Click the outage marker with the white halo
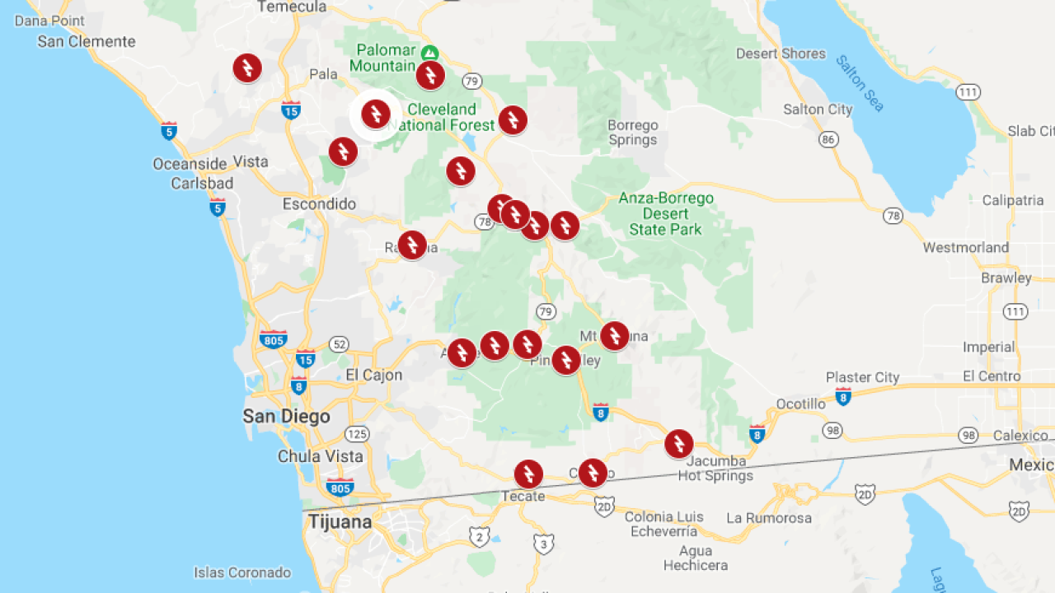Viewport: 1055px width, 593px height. click(376, 114)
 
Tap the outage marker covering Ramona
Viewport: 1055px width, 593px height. click(412, 245)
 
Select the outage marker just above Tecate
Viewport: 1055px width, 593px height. click(528, 474)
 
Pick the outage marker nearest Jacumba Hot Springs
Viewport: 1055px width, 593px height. click(678, 444)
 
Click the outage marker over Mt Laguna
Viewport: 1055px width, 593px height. click(614, 335)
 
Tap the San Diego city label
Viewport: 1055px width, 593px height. click(286, 416)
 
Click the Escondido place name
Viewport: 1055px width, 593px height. click(319, 203)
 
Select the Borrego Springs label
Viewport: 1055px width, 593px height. click(633, 133)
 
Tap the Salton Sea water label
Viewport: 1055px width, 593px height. click(859, 83)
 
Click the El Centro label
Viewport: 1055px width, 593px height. click(992, 376)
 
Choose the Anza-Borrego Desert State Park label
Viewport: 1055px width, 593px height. click(666, 214)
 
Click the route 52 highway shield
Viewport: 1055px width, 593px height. click(339, 343)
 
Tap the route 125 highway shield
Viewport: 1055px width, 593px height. click(358, 434)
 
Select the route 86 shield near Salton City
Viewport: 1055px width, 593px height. click(828, 139)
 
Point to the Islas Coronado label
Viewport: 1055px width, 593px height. click(242, 572)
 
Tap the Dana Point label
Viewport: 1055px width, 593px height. click(49, 21)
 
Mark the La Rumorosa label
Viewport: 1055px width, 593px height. click(769, 518)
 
